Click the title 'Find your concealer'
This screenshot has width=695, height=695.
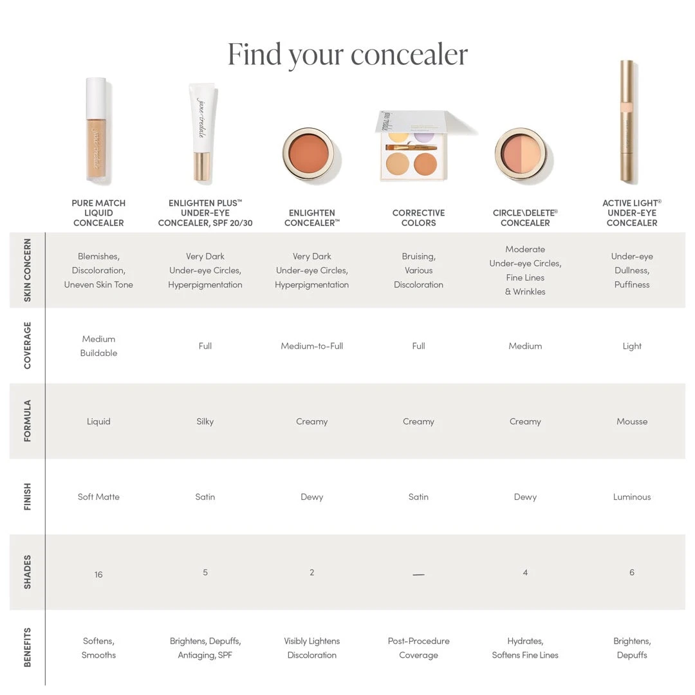[x=347, y=54]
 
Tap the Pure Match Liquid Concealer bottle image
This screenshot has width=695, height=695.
[x=98, y=131]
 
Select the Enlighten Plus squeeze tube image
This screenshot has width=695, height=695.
[x=203, y=133]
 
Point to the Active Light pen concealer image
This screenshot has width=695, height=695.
[x=627, y=122]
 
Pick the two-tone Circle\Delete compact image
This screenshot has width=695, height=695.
[x=524, y=154]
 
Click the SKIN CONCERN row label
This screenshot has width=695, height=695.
[x=27, y=270]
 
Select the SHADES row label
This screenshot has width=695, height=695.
[x=27, y=572]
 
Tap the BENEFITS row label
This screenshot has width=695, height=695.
[x=27, y=647]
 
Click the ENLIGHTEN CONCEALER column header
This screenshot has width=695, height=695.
[x=312, y=218]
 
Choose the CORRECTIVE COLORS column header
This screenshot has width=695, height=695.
[x=418, y=218]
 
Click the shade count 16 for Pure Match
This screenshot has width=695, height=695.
[x=98, y=575]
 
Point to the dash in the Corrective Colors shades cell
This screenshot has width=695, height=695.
[x=418, y=575]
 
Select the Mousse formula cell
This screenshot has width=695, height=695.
[x=632, y=422]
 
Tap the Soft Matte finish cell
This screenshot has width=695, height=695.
[x=98, y=497]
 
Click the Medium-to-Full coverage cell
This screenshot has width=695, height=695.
[x=312, y=346]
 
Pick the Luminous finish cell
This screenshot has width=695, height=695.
[x=632, y=497]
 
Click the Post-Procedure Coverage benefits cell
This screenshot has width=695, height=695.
[x=418, y=648]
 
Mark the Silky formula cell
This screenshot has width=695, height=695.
[x=205, y=422]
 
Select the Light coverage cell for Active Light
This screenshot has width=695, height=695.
[x=632, y=346]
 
